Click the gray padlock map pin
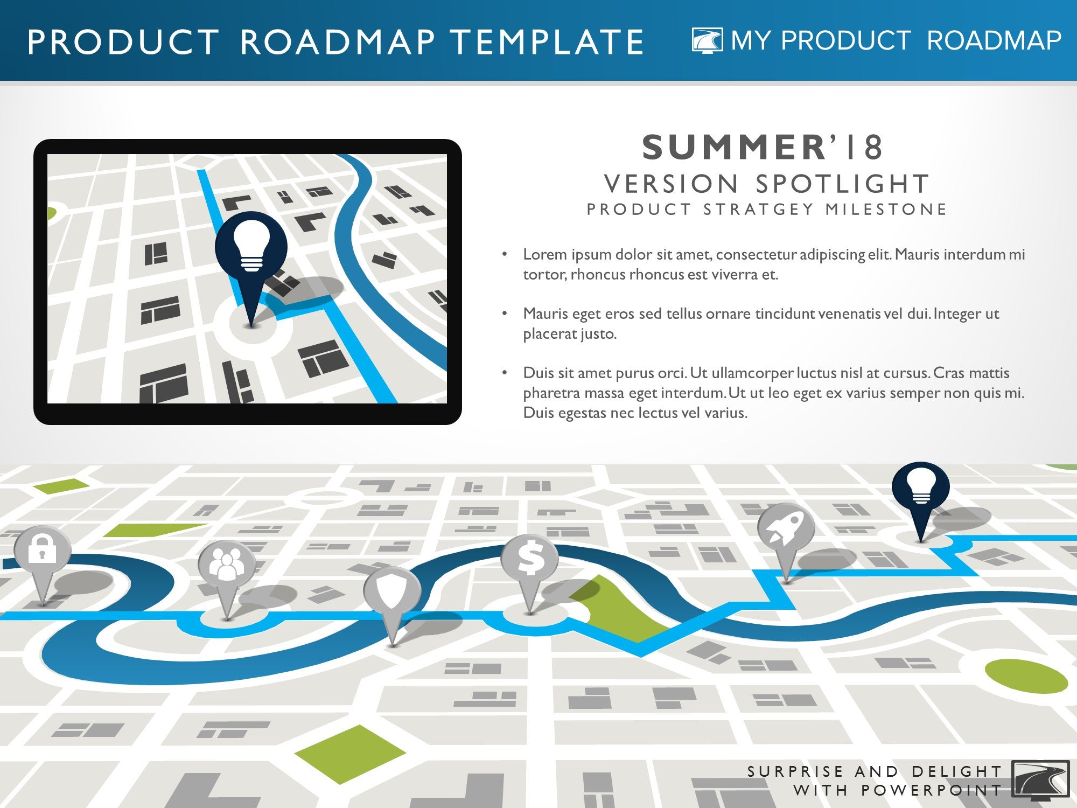tap(42, 555)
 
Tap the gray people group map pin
tap(227, 566)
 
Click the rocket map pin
tap(786, 531)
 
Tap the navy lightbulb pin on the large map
tap(921, 487)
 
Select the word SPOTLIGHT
tap(843, 184)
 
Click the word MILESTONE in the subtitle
tap(886, 209)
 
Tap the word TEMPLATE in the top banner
tap(547, 42)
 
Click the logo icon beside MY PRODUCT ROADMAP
tap(707, 40)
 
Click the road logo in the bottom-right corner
tap(1040, 778)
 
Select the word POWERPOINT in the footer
tap(931, 790)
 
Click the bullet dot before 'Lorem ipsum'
tap(505, 254)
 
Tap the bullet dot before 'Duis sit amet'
tap(505, 372)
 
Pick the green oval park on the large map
tap(1026, 676)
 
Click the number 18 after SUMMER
tap(864, 147)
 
